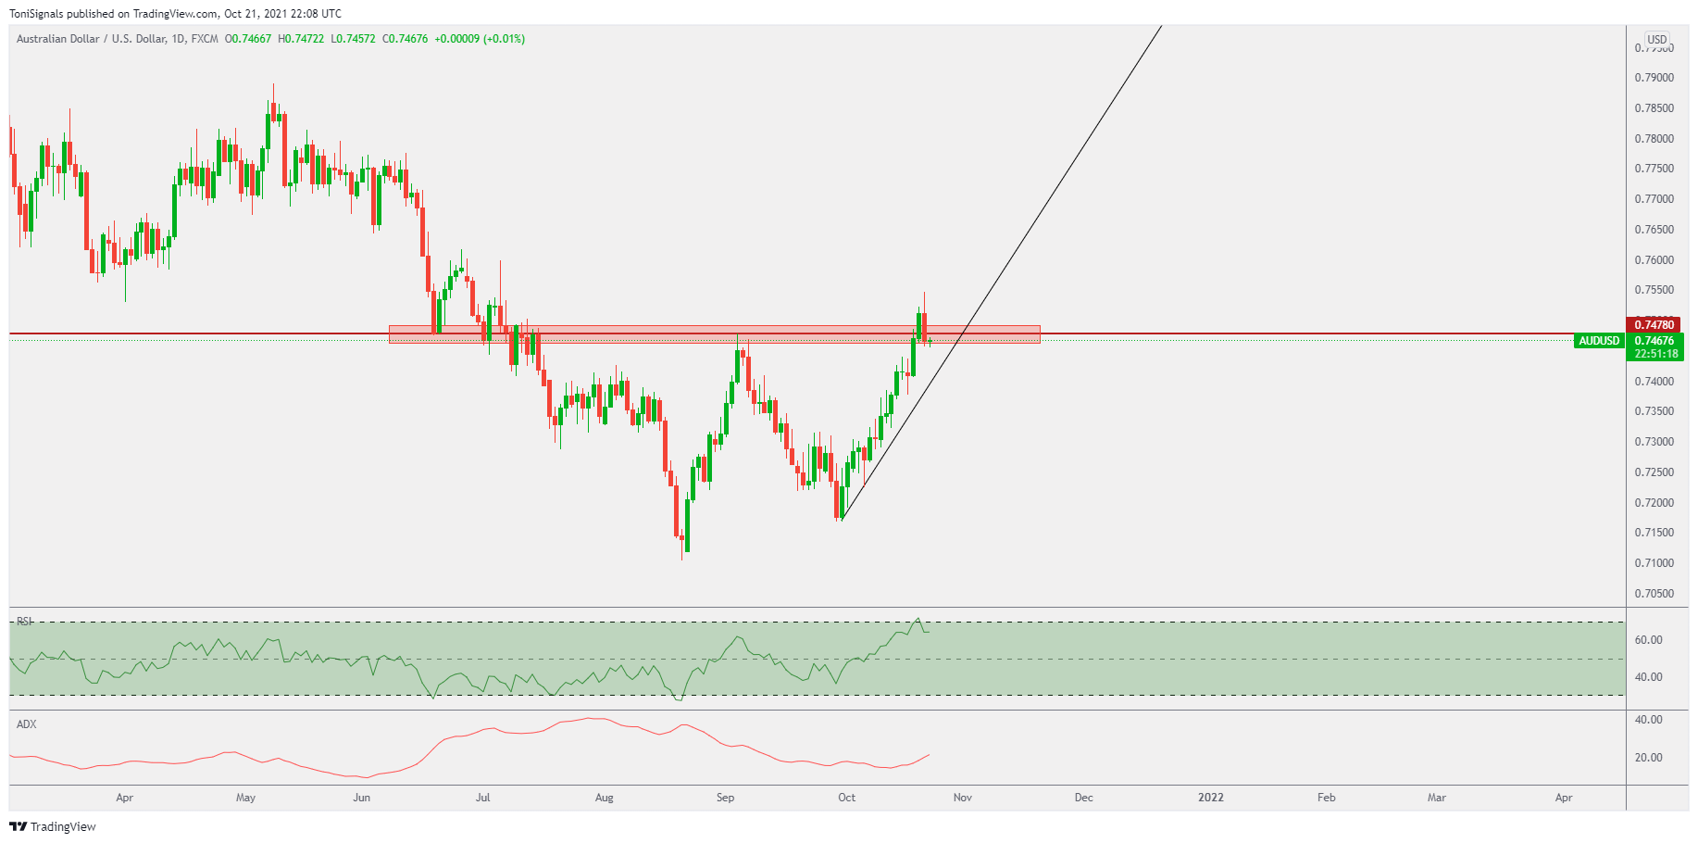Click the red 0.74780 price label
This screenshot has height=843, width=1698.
[1654, 324]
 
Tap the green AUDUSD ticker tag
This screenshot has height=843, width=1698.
[1599, 341]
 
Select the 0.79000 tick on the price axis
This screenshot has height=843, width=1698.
[1654, 78]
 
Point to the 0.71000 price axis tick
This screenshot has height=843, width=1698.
[1654, 563]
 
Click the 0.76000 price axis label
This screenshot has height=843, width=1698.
[1654, 260]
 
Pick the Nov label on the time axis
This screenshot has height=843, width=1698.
[963, 798]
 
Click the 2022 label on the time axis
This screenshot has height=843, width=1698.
[1210, 798]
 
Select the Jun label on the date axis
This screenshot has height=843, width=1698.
[361, 798]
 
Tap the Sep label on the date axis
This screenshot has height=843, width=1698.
[725, 798]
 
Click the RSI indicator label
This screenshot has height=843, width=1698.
[25, 622]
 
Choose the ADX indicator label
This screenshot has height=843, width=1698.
[27, 724]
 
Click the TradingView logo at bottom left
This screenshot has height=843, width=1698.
[53, 826]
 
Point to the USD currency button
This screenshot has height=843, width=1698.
[1656, 40]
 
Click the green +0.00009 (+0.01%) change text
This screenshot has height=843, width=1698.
[480, 39]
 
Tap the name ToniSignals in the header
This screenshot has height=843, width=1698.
[36, 14]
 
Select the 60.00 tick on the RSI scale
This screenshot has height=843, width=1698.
[1648, 640]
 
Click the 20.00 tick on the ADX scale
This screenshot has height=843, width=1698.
[1648, 758]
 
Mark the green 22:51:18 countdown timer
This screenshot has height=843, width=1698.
[1655, 354]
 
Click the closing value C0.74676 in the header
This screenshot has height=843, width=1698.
[406, 39]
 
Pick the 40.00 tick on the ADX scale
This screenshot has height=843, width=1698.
[1648, 720]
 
